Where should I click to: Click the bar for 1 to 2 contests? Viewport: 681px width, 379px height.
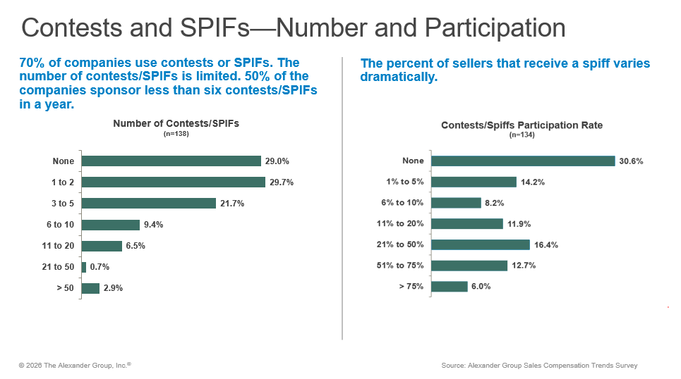point(173,182)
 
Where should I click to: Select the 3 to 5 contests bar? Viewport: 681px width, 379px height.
point(148,204)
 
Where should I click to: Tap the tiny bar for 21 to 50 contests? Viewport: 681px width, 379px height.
point(84,267)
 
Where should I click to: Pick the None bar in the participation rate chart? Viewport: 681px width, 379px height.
point(522,161)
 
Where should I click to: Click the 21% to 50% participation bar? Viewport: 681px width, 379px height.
point(480,244)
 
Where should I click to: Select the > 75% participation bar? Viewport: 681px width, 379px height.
point(449,287)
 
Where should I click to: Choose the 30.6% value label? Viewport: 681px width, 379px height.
point(632,161)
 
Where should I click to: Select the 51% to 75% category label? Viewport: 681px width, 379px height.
point(400,266)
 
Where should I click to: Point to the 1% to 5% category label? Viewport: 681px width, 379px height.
point(405,182)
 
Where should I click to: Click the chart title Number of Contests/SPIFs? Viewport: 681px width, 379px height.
point(176,123)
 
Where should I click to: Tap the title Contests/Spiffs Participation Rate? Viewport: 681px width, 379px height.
point(522,125)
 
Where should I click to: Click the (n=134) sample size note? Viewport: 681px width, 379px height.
point(522,135)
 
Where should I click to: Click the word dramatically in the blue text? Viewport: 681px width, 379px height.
point(399,77)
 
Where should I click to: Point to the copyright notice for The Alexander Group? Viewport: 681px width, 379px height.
point(75,365)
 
